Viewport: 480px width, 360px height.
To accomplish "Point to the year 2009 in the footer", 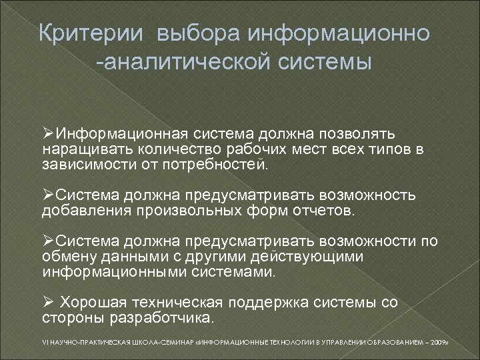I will [x=441, y=343].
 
